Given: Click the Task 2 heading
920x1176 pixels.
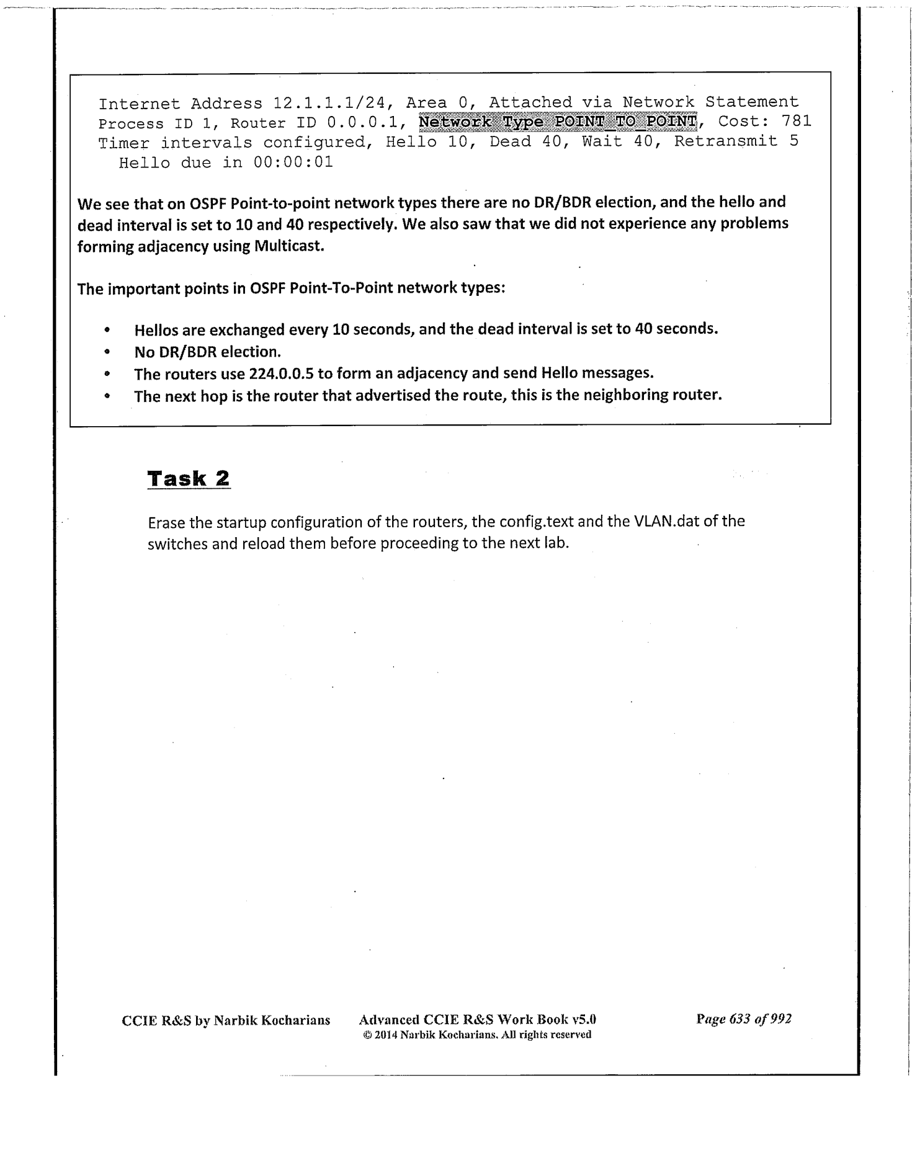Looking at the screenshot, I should point(189,479).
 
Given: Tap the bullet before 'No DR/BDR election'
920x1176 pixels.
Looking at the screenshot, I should point(107,352).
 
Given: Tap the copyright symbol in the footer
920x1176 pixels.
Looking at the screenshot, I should point(367,1035).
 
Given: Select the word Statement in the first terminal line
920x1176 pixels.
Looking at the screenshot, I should point(752,102).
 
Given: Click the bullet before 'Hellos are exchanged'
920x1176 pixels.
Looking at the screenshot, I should point(107,329).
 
